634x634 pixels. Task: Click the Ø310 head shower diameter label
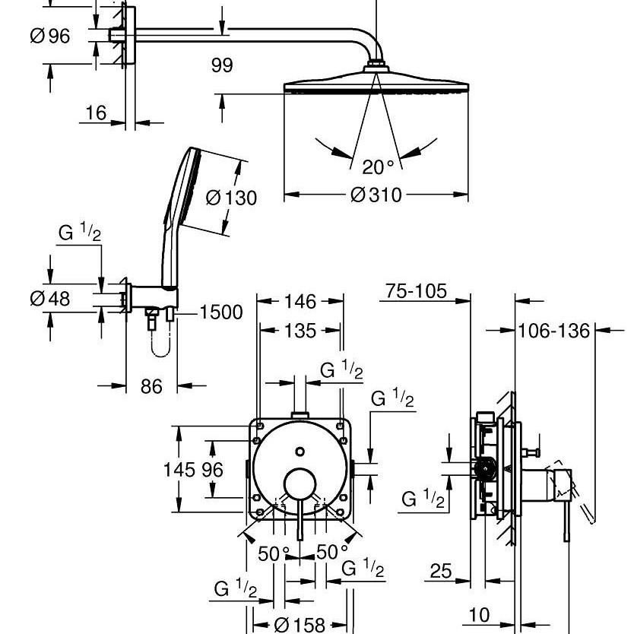coord(376,195)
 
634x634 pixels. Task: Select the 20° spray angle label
coord(378,167)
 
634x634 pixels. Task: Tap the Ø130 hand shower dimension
coord(231,198)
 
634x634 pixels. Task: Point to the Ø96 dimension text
coord(50,36)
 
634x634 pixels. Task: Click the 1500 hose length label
coord(221,312)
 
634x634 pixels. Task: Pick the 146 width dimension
coord(300,302)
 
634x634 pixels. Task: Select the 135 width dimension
coord(300,331)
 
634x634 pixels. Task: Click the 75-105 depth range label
coord(416,291)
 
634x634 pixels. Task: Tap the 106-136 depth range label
coord(554,331)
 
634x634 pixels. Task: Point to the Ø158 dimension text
coord(300,625)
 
